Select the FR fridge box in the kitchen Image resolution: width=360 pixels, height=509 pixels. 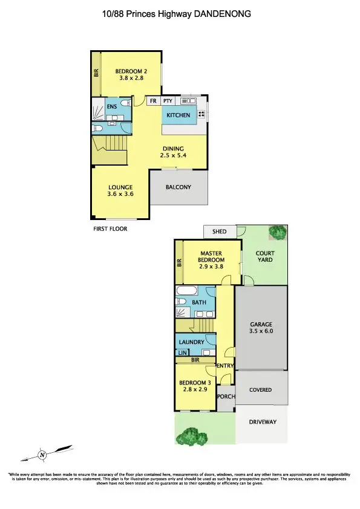153,102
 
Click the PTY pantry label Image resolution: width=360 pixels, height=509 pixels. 168,102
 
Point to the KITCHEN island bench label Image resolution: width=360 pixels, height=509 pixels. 178,115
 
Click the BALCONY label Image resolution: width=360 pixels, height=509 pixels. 178,187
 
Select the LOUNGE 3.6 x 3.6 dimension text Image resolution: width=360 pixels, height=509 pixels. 120,194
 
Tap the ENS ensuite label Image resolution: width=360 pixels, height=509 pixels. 112,107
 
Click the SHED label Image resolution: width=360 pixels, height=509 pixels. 219,232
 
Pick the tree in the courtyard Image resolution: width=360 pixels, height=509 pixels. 278,232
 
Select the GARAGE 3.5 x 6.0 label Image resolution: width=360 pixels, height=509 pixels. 261,328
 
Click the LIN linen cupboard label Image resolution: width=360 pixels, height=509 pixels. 182,352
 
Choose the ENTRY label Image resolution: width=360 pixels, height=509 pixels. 224,366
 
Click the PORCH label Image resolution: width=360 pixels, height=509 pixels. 226,397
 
